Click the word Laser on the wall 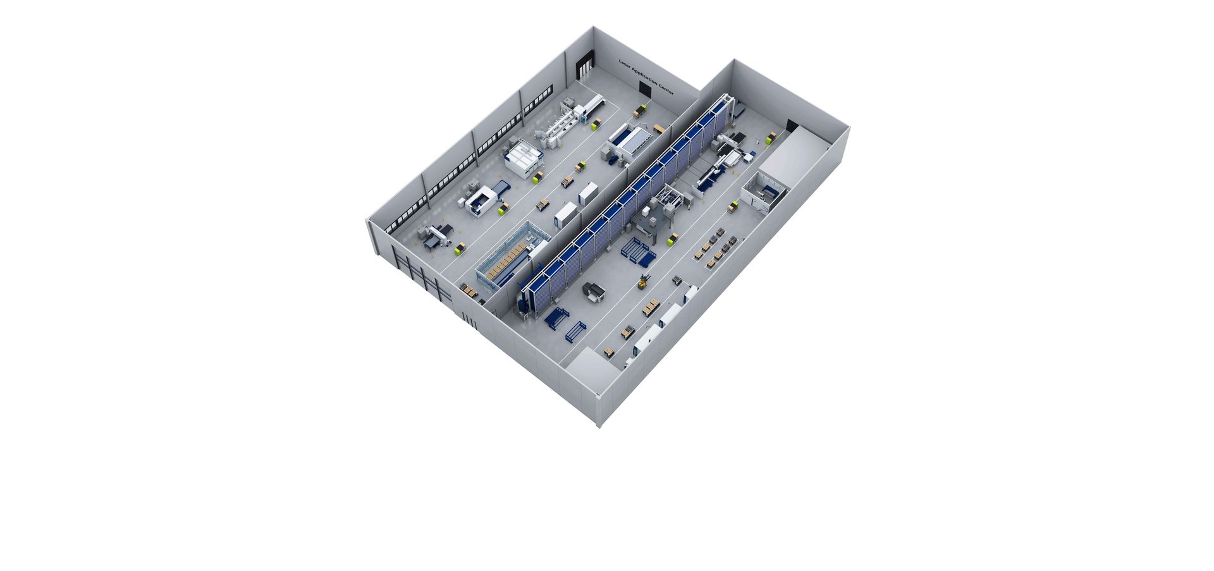pyautogui.click(x=625, y=65)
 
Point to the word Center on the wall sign pyautogui.click(x=666, y=89)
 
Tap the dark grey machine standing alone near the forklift pyautogui.click(x=594, y=290)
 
